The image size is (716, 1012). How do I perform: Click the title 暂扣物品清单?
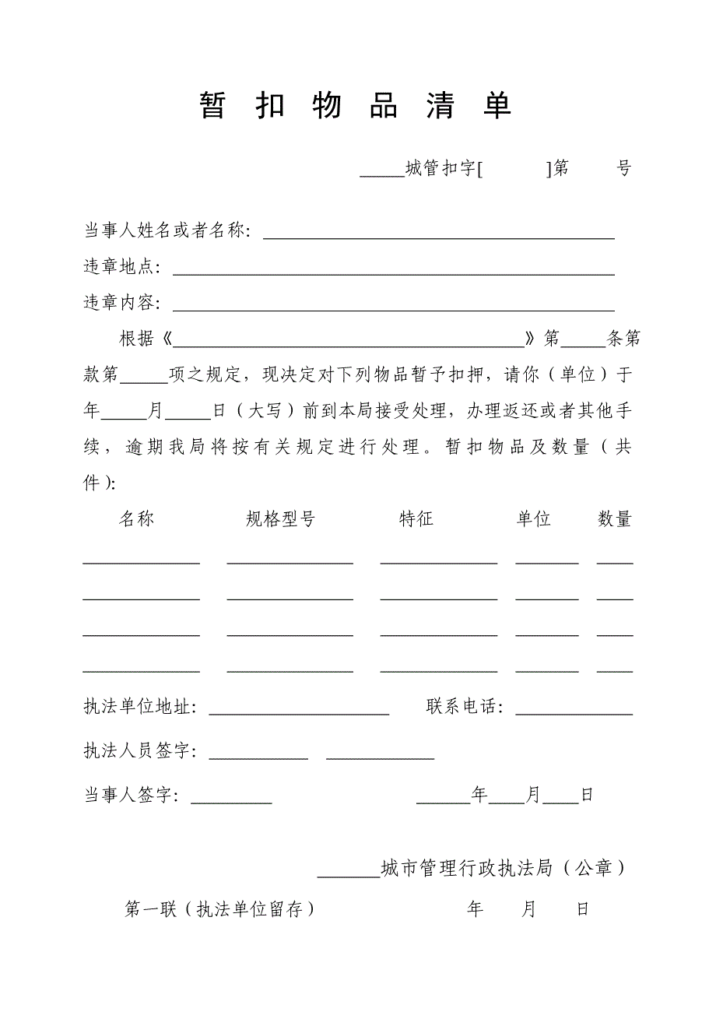356,106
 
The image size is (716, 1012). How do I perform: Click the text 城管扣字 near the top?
440,168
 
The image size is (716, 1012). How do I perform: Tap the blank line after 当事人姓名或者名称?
438,236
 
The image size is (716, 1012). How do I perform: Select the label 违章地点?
121,267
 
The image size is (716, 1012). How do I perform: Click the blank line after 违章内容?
393,307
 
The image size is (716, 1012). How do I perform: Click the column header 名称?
137,519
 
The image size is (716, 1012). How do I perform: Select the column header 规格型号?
280,519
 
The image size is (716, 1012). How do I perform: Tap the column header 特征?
416,519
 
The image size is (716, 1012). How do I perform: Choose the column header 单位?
534,519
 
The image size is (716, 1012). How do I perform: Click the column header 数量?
614,519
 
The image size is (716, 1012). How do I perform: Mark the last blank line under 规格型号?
290,669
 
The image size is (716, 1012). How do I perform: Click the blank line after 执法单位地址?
299,712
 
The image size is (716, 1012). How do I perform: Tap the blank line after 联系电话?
574,712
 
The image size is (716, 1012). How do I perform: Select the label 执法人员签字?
138,751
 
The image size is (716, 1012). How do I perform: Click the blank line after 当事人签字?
231,800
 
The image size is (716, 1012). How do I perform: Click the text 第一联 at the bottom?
151,909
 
